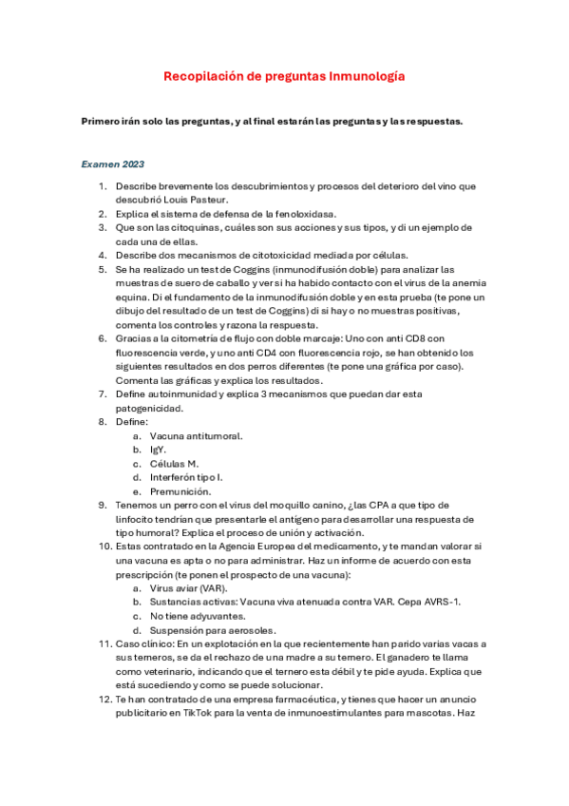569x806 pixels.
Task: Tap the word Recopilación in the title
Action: tap(203, 75)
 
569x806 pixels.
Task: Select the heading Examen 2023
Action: tap(112, 164)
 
